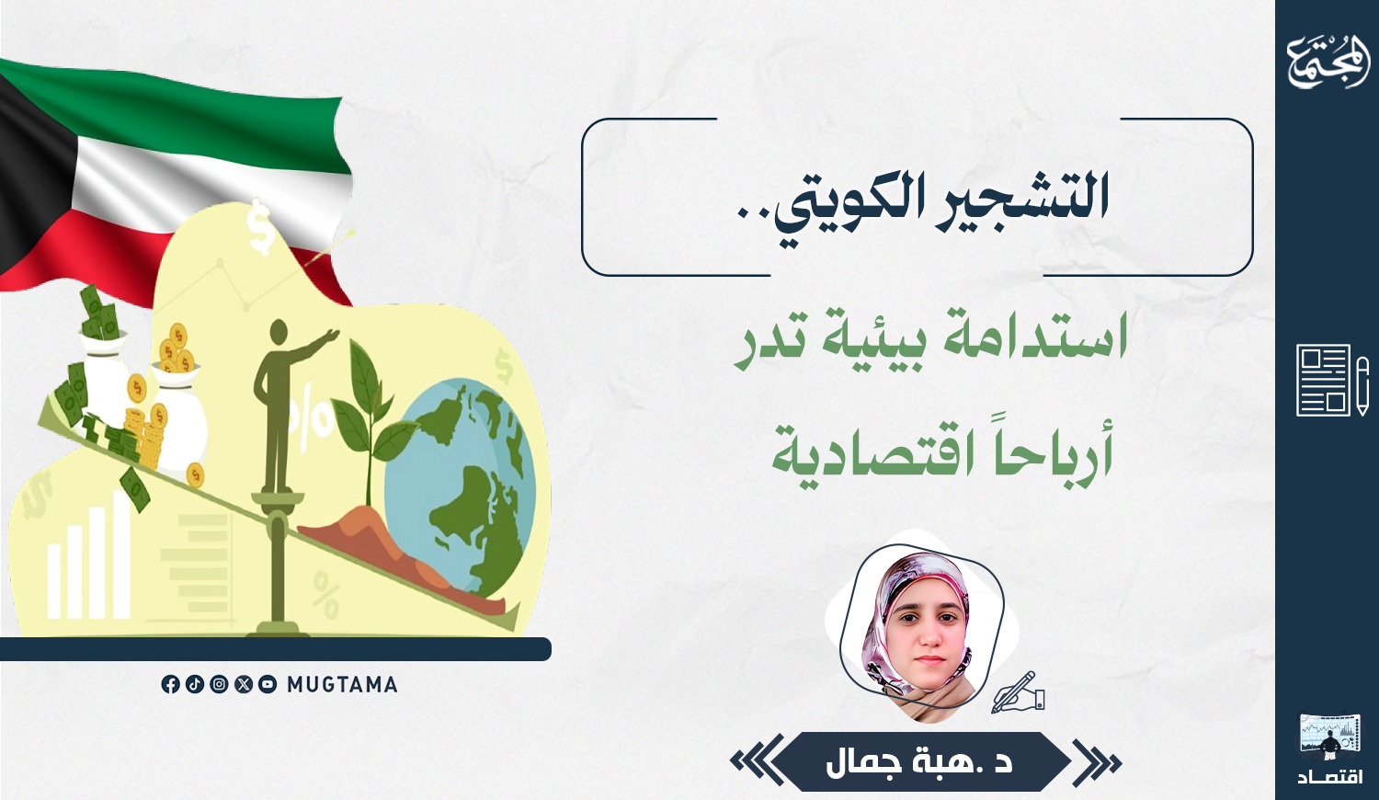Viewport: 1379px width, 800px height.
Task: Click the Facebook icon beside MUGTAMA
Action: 170,684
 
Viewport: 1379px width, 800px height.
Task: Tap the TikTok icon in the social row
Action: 195,684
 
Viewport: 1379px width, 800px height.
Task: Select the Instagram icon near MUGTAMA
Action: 219,684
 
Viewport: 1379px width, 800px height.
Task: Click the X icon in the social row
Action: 244,684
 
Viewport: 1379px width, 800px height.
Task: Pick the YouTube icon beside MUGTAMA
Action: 268,684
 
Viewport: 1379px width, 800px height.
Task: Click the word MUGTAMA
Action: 342,684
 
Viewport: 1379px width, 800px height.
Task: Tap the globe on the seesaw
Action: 460,487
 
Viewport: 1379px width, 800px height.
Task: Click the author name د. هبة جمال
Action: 919,762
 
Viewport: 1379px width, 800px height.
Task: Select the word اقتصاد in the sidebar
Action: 1329,777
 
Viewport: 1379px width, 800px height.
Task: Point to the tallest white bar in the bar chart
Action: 121,554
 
